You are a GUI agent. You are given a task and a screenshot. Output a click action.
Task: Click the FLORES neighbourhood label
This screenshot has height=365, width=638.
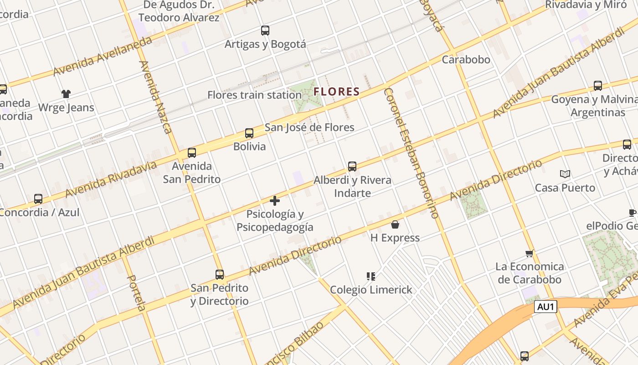pyautogui.click(x=337, y=92)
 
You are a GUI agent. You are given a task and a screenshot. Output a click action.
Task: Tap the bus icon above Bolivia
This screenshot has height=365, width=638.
pyautogui.click(x=249, y=133)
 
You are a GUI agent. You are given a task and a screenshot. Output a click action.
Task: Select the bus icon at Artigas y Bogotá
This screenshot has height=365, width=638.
pyautogui.click(x=265, y=31)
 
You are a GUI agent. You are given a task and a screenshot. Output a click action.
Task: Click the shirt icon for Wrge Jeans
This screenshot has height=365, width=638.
pyautogui.click(x=66, y=94)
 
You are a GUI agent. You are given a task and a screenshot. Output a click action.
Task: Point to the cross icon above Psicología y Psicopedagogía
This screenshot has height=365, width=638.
pyautogui.click(x=275, y=200)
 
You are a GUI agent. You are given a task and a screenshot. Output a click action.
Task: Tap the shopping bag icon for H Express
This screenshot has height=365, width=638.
pyautogui.click(x=395, y=224)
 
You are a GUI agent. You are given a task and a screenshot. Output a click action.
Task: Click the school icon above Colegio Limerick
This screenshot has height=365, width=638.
pyautogui.click(x=370, y=276)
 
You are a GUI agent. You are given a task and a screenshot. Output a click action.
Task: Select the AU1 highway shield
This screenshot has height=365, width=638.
pyautogui.click(x=545, y=307)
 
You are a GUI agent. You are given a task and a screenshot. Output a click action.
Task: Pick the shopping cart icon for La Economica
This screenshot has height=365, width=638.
pyautogui.click(x=529, y=253)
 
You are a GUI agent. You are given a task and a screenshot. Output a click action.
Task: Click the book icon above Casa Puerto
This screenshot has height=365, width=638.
pyautogui.click(x=565, y=174)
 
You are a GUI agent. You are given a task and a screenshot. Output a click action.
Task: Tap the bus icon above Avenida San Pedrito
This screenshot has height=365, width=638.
pyautogui.click(x=192, y=152)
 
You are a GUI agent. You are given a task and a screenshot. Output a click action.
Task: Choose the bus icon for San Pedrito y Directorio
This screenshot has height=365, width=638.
pyautogui.click(x=220, y=275)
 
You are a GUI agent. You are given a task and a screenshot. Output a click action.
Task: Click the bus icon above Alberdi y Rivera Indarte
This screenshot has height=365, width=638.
pyautogui.click(x=352, y=167)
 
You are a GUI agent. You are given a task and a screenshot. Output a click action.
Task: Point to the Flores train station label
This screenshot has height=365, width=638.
pyautogui.click(x=254, y=95)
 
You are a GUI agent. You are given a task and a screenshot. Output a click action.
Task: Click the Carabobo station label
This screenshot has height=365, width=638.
pyautogui.click(x=466, y=60)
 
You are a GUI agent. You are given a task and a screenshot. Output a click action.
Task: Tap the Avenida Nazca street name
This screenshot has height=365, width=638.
pyautogui.click(x=156, y=97)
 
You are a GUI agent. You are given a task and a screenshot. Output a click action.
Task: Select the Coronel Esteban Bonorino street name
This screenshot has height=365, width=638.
pyautogui.click(x=411, y=153)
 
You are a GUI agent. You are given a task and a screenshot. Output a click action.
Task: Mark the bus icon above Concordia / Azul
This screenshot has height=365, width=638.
pyautogui.click(x=38, y=199)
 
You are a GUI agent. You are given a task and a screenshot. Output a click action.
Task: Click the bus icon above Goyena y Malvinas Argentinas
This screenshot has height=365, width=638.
pyautogui.click(x=597, y=86)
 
